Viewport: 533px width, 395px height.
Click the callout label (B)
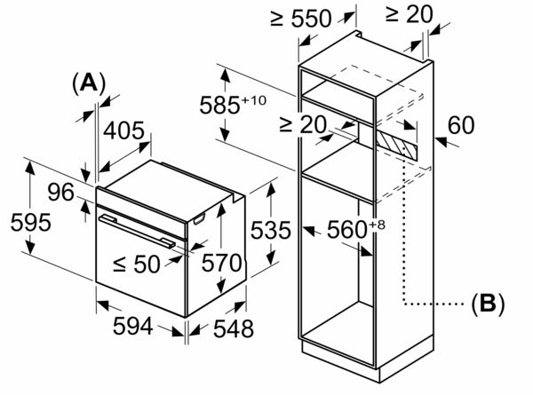[487, 304]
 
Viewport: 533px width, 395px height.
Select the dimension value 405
[124, 131]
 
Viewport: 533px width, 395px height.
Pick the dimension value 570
[222, 264]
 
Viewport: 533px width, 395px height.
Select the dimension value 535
[270, 231]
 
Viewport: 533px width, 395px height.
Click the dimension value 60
[462, 126]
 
